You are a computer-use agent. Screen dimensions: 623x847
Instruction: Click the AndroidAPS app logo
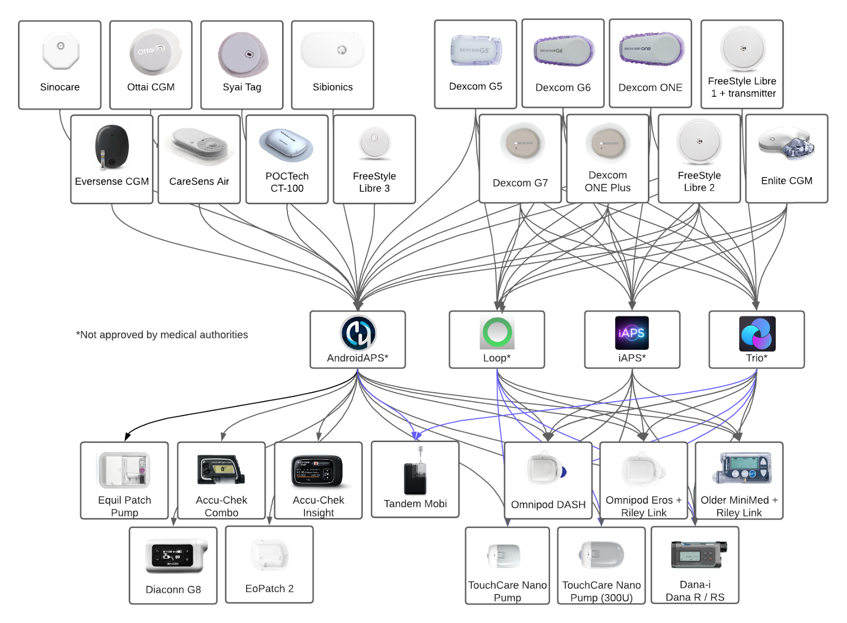(358, 333)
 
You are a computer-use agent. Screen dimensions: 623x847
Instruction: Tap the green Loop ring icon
(497, 332)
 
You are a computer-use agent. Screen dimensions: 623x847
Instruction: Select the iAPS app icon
(632, 332)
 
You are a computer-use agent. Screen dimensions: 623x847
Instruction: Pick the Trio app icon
(757, 333)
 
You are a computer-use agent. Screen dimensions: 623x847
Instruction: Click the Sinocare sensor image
(60, 51)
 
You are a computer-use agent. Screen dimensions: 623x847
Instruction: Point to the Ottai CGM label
(151, 87)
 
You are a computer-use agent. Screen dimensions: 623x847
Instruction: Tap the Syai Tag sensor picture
(243, 55)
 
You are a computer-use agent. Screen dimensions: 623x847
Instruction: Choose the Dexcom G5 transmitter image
(475, 51)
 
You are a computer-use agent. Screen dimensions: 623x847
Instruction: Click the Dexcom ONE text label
(650, 87)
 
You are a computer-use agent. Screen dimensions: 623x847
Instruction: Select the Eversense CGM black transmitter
(111, 147)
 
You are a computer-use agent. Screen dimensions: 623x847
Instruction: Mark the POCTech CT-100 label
(287, 182)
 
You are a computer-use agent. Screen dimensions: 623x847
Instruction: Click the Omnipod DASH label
(548, 504)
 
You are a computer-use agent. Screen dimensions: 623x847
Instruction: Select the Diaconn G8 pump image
(175, 556)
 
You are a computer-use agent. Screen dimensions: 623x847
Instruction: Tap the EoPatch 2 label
(269, 589)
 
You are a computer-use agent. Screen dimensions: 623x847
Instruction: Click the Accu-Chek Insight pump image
(318, 471)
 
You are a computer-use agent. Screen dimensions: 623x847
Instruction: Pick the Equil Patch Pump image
(124, 470)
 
